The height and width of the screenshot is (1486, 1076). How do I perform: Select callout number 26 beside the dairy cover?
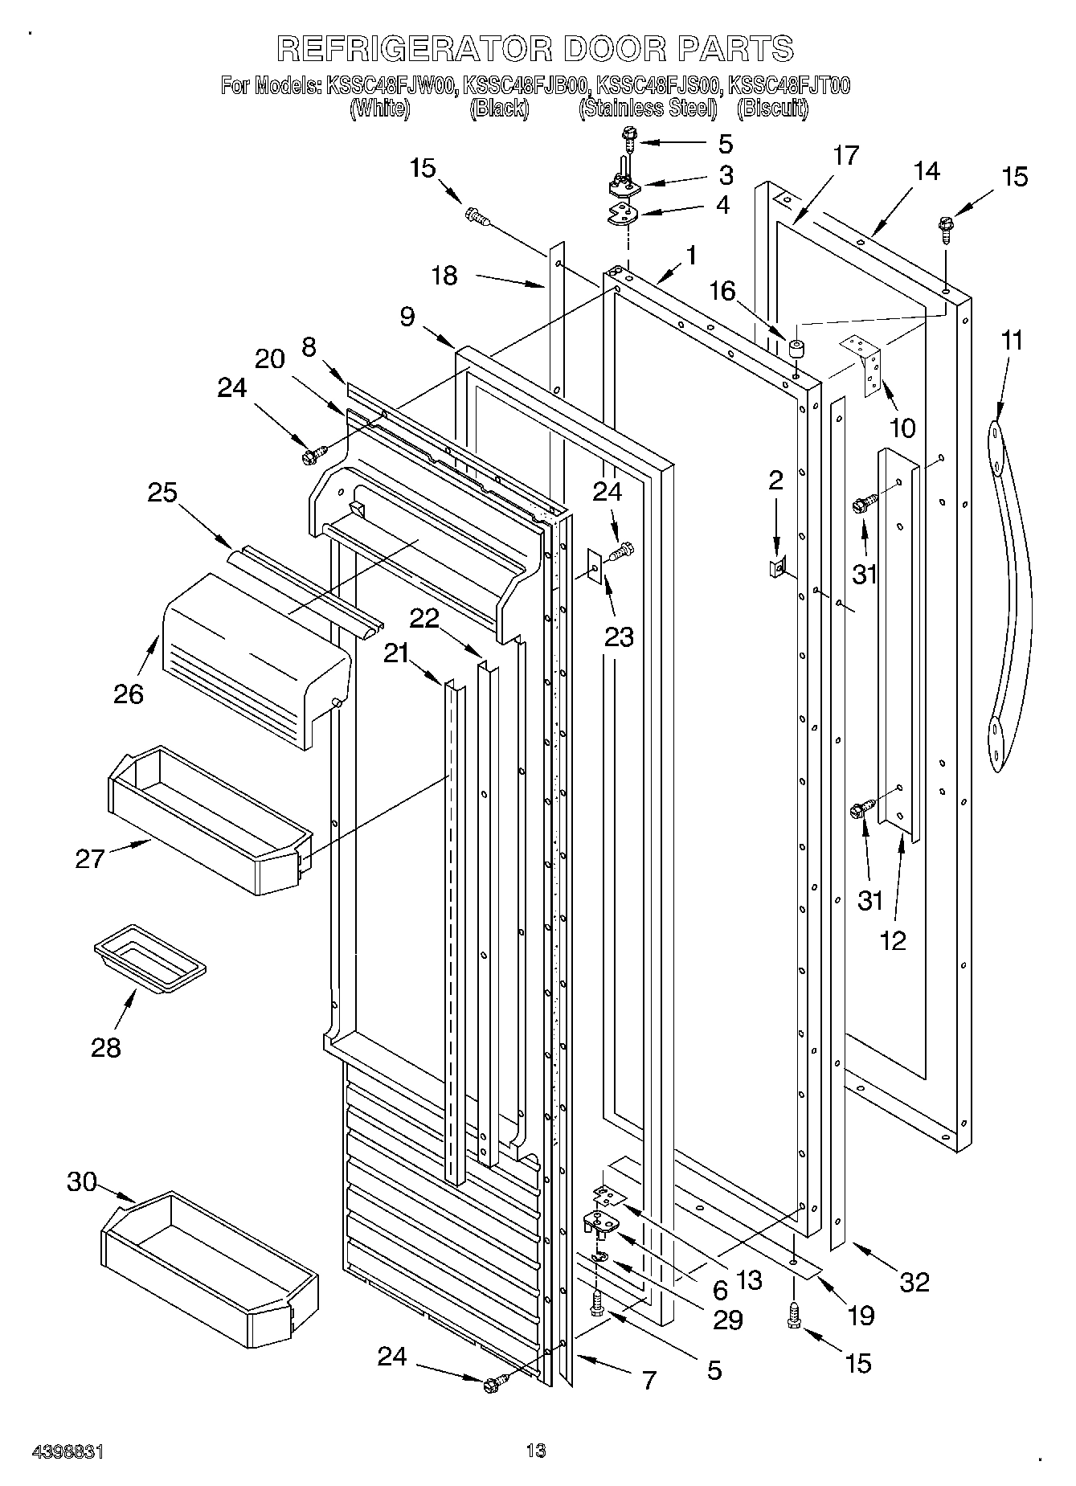coord(128,693)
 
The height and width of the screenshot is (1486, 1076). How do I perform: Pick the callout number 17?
coord(845,156)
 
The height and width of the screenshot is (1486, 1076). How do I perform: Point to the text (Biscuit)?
coord(772,108)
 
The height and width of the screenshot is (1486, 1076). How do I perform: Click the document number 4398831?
coord(68,1451)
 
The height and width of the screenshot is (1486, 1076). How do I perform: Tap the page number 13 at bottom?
coord(536,1451)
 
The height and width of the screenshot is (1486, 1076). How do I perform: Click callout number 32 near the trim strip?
coord(914,1281)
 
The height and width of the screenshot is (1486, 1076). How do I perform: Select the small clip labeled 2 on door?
coord(777,567)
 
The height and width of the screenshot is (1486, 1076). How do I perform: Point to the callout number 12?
coord(893,939)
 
